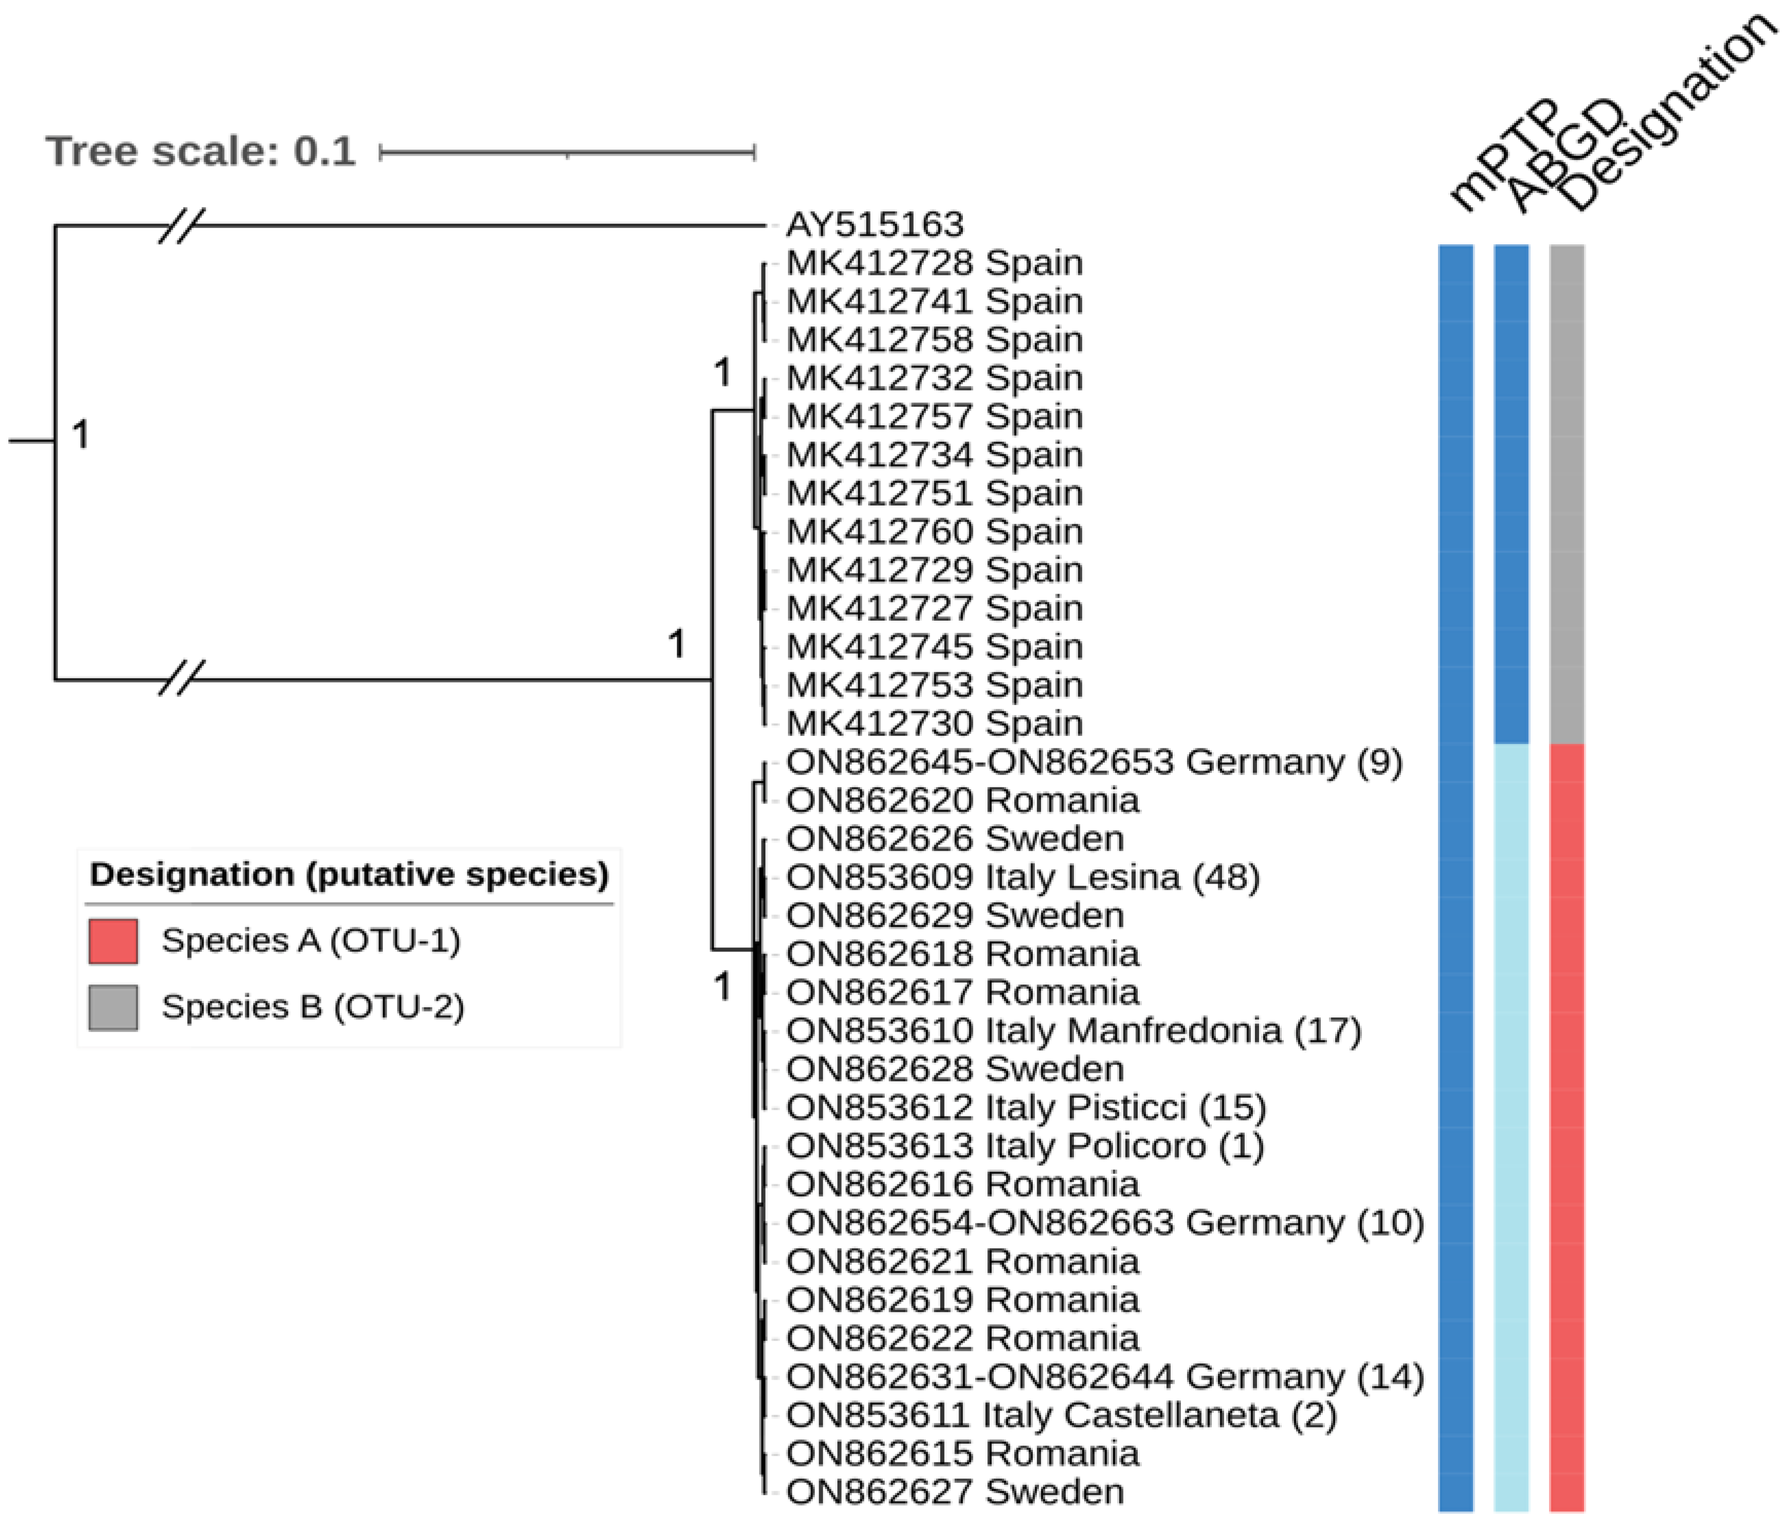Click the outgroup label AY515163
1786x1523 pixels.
tap(874, 225)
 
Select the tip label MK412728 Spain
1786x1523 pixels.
tap(934, 263)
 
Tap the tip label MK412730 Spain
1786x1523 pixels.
tap(934, 723)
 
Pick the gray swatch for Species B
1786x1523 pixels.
tap(113, 1007)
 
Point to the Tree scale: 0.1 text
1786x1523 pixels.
tap(200, 152)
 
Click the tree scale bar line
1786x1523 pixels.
tap(567, 153)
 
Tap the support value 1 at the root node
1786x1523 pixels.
tap(80, 434)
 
